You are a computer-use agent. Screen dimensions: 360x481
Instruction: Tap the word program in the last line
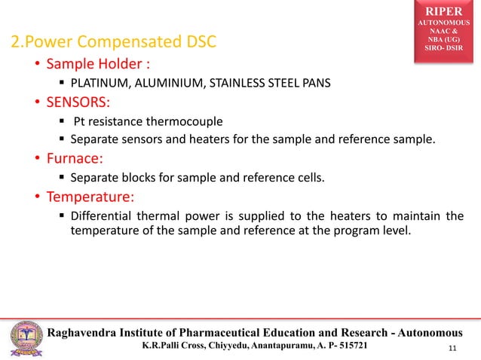[344, 232]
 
